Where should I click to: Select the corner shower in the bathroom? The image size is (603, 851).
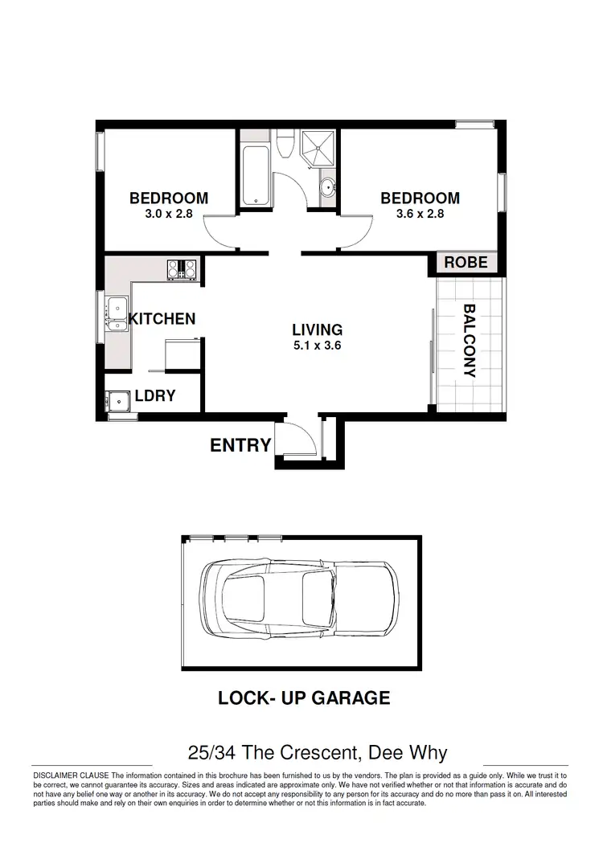[x=319, y=149]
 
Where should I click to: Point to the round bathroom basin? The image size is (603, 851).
[x=327, y=190]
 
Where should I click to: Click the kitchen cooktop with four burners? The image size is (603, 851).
[x=183, y=269]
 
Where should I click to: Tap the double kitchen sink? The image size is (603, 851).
[x=116, y=314]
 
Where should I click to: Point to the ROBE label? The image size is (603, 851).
[x=466, y=263]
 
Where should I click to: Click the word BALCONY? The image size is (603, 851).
[x=470, y=340]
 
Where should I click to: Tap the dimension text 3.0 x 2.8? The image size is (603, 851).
[x=169, y=215]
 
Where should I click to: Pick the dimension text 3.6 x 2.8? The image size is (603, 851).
[x=420, y=215]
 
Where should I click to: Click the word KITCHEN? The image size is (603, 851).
[x=162, y=319]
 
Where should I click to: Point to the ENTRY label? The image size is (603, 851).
[x=240, y=445]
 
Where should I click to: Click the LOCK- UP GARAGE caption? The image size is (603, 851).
[x=304, y=698]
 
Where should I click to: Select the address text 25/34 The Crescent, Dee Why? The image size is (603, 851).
[x=317, y=753]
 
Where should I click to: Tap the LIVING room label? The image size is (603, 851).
[x=317, y=329]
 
